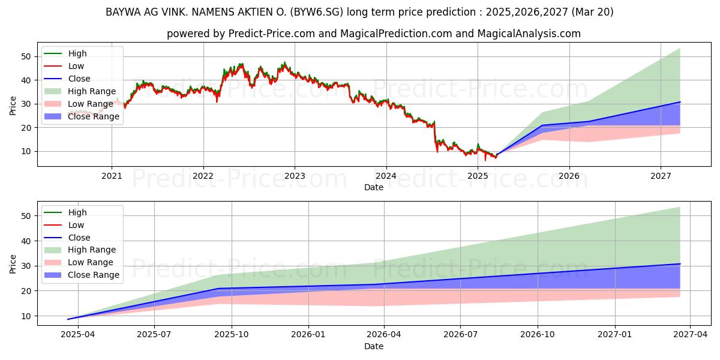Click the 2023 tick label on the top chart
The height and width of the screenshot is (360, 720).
click(295, 176)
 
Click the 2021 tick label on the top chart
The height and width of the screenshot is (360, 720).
click(112, 176)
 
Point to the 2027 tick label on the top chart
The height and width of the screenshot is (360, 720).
click(661, 176)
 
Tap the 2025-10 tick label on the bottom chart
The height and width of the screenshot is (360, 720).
click(232, 335)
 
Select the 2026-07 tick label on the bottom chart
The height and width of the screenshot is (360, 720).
click(460, 335)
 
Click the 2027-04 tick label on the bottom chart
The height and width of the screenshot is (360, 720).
click(690, 335)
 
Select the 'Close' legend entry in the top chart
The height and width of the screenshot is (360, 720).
click(79, 79)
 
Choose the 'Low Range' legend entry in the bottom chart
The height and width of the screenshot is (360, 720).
click(91, 262)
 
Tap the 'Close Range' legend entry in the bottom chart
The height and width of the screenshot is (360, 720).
click(94, 275)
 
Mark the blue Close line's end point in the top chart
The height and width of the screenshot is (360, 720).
click(680, 102)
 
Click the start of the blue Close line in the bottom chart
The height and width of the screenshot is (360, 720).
click(68, 319)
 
